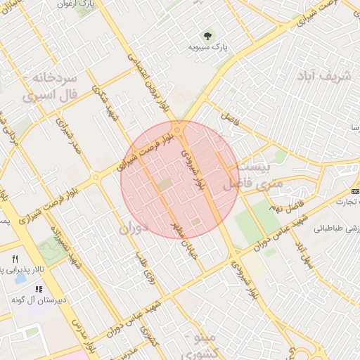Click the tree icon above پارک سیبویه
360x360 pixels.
coord(207,34)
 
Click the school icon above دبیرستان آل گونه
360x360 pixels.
coord(39,288)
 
